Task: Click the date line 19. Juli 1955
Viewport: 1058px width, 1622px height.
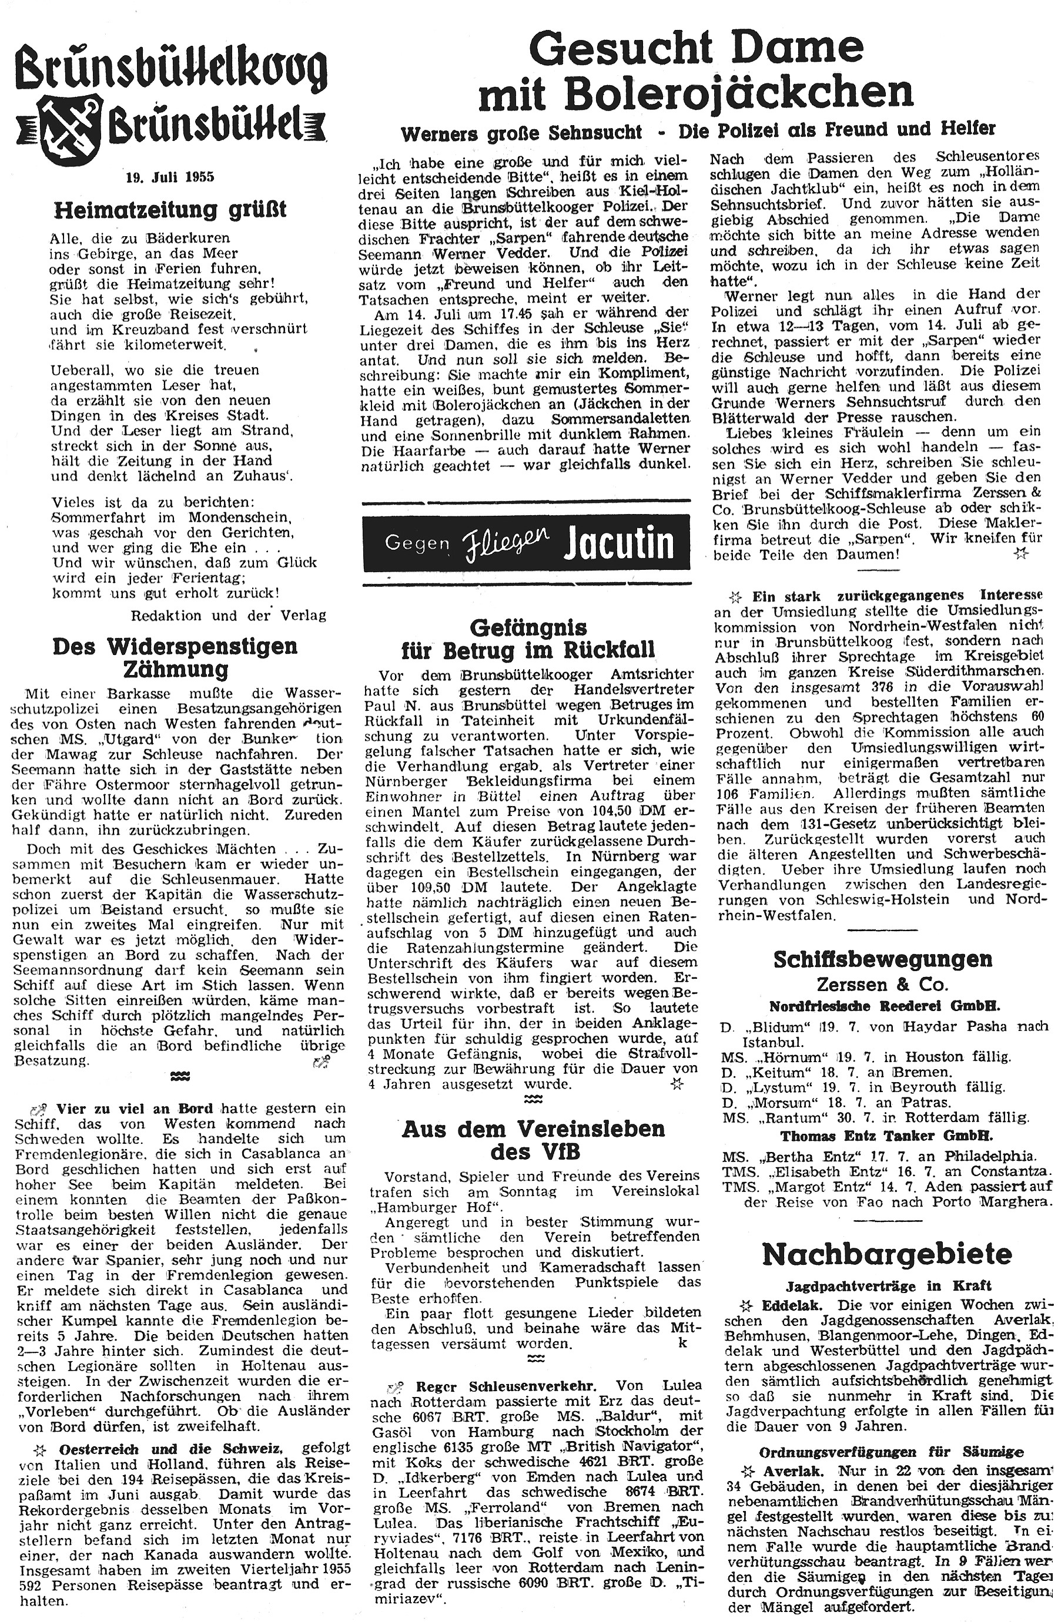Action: (170, 177)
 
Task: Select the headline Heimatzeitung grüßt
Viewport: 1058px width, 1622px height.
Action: (170, 209)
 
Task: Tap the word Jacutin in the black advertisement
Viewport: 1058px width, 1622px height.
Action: (619, 543)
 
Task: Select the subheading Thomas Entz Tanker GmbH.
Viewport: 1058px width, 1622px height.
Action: (886, 1136)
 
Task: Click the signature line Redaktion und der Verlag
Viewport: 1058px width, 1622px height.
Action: (229, 616)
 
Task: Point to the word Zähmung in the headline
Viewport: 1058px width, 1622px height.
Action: (176, 669)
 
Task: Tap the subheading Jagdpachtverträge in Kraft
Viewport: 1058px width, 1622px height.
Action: (888, 1286)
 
